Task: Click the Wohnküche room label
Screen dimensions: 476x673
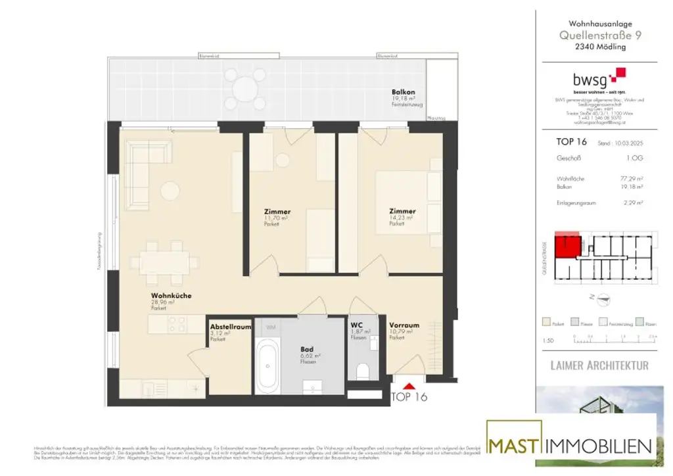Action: pyautogui.click(x=171, y=296)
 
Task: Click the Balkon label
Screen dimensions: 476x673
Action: pyautogui.click(x=403, y=93)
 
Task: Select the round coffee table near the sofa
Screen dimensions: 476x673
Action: pyautogui.click(x=171, y=189)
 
